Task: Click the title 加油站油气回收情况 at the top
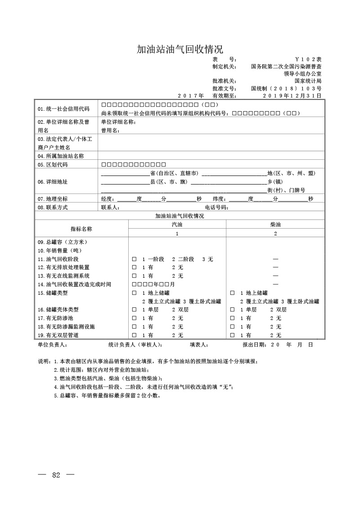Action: click(x=180, y=49)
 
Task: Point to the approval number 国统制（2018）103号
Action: click(x=286, y=89)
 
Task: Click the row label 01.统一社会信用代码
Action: click(x=63, y=109)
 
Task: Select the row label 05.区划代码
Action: click(x=53, y=164)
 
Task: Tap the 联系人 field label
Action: click(x=110, y=207)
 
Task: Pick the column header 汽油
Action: click(x=177, y=224)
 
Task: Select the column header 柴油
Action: click(x=275, y=224)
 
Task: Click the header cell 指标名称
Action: click(x=81, y=229)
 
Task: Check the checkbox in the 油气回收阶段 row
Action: click(x=134, y=259)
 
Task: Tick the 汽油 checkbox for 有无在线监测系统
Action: click(x=134, y=276)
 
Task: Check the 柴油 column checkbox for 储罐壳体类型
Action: click(x=232, y=310)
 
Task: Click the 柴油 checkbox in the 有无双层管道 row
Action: click(x=232, y=335)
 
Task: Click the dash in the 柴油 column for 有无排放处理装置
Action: click(x=275, y=267)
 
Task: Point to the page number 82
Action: click(x=56, y=475)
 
